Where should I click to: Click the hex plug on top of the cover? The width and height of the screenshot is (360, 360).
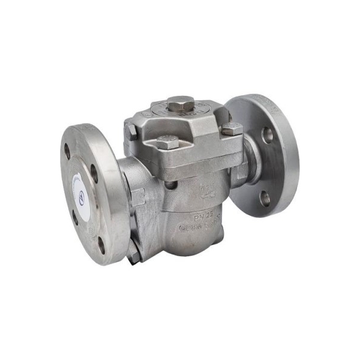point(179,106)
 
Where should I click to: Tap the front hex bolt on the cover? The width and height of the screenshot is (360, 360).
point(168,142)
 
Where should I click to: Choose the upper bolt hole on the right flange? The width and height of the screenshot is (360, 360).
point(268,135)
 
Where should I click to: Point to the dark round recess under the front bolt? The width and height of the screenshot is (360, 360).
point(170,184)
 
